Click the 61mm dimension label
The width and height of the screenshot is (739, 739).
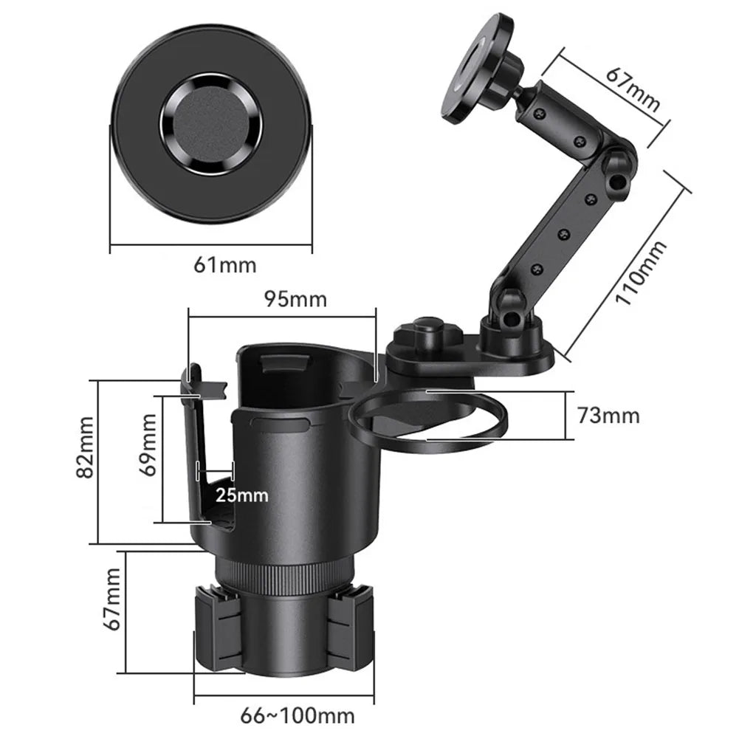[225, 264]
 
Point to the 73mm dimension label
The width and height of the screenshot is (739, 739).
[608, 416]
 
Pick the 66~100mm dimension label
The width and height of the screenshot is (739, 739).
[298, 715]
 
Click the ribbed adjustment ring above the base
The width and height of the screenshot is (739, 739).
[283, 574]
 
